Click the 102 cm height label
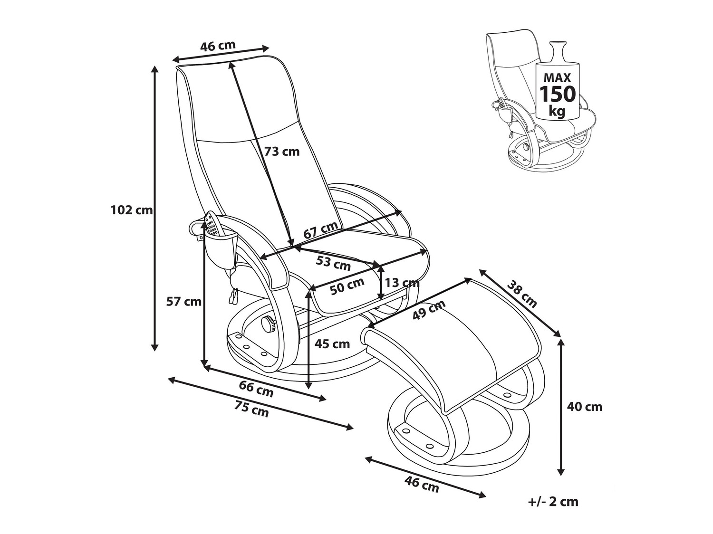pyautogui.click(x=131, y=210)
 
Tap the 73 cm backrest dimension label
pyautogui.click(x=282, y=152)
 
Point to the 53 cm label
pyautogui.click(x=333, y=262)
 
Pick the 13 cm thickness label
pyautogui.click(x=402, y=283)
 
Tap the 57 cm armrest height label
pyautogui.click(x=183, y=301)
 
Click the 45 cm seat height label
pyautogui.click(x=333, y=343)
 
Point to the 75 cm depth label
pyautogui.click(x=251, y=409)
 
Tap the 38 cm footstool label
pyautogui.click(x=522, y=294)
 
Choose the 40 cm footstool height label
pyautogui.click(x=585, y=407)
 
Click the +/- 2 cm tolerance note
pyautogui.click(x=553, y=502)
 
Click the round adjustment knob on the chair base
pyautogui.click(x=268, y=325)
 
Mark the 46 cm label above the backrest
pyautogui.click(x=218, y=46)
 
